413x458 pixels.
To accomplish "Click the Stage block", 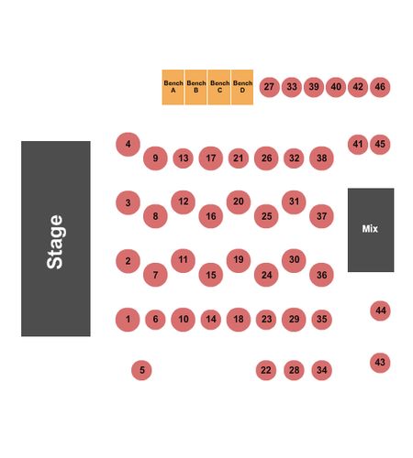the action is click(56, 238).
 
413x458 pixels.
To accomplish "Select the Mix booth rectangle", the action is click(371, 230).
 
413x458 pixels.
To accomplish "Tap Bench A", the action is click(173, 87).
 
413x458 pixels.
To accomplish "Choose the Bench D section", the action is click(242, 87).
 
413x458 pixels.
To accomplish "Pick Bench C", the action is click(219, 87).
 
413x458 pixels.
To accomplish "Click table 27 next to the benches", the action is click(269, 87).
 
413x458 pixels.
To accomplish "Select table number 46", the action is click(380, 87).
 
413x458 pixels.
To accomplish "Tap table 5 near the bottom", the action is click(141, 370).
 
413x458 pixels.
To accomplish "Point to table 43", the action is click(380, 363).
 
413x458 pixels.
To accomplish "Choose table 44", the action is click(380, 311).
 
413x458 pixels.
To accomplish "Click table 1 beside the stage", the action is click(128, 320).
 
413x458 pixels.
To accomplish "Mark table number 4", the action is click(128, 144).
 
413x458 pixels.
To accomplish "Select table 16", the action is click(211, 216).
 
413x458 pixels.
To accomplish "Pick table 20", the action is click(239, 202).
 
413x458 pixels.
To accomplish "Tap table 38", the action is click(321, 158).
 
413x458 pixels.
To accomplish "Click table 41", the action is click(358, 145).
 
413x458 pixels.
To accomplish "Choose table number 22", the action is click(266, 370).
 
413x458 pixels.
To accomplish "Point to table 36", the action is click(321, 275).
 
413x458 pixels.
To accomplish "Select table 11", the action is click(183, 260).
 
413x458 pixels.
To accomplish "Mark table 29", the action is click(294, 320).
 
